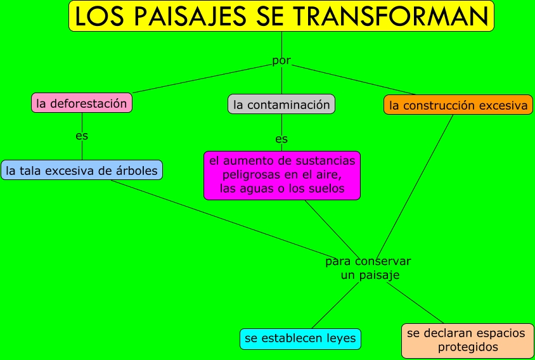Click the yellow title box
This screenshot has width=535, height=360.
[281, 16]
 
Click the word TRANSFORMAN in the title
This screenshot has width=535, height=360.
[390, 16]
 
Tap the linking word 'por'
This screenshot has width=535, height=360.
[281, 60]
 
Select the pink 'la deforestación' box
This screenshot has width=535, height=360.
[82, 103]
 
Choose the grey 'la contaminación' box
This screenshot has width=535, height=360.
[281, 104]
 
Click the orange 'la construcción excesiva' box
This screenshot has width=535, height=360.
[458, 105]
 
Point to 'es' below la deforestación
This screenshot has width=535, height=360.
[82, 136]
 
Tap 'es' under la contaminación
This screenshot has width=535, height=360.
[281, 139]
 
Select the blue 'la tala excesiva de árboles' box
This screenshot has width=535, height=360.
[82, 170]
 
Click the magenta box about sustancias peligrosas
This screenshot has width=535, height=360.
[282, 176]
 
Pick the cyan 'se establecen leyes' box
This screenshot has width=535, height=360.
[300, 339]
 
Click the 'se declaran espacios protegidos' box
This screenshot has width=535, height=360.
[468, 340]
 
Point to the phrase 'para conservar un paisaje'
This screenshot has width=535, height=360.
[368, 268]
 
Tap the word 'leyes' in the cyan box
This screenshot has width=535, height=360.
[341, 338]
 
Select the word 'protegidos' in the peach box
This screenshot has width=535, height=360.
[468, 347]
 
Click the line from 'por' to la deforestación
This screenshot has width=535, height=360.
[202, 79]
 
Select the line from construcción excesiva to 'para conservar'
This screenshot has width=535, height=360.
[415, 186]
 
